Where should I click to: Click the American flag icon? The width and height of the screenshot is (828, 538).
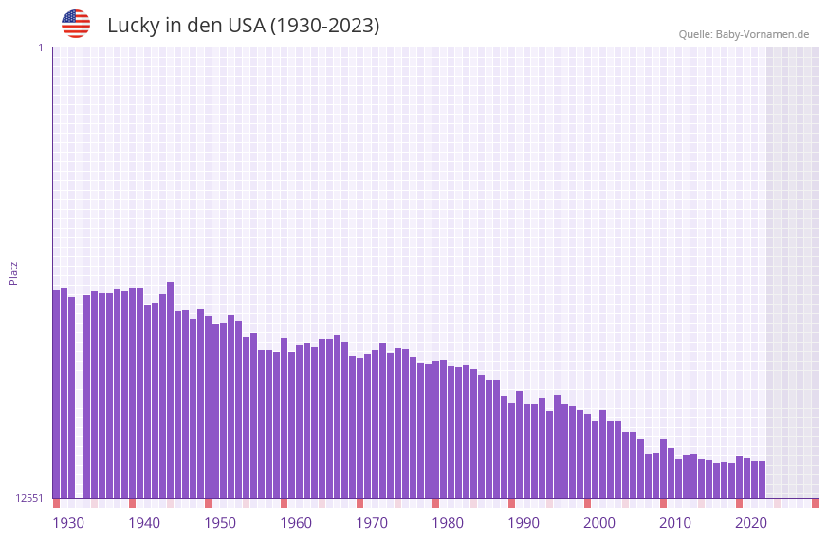(76, 24)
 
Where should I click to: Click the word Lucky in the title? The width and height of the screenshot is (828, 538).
(133, 26)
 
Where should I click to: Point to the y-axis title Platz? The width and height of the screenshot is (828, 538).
(13, 272)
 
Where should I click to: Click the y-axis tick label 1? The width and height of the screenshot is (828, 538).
(40, 47)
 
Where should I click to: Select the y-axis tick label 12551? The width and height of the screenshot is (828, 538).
(29, 498)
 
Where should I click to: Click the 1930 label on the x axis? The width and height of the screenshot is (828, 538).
(68, 523)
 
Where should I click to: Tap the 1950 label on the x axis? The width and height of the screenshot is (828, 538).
(220, 523)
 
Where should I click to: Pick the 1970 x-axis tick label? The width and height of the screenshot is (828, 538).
(372, 523)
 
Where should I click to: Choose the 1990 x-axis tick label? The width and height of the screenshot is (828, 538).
(524, 523)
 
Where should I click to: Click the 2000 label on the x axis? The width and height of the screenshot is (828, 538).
(599, 523)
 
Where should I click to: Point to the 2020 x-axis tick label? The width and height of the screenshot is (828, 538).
(751, 523)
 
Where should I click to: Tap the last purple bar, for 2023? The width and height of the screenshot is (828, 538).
(762, 479)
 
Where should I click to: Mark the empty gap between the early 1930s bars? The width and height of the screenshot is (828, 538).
(80, 399)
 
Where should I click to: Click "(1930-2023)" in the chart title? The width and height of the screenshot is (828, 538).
(324, 26)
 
